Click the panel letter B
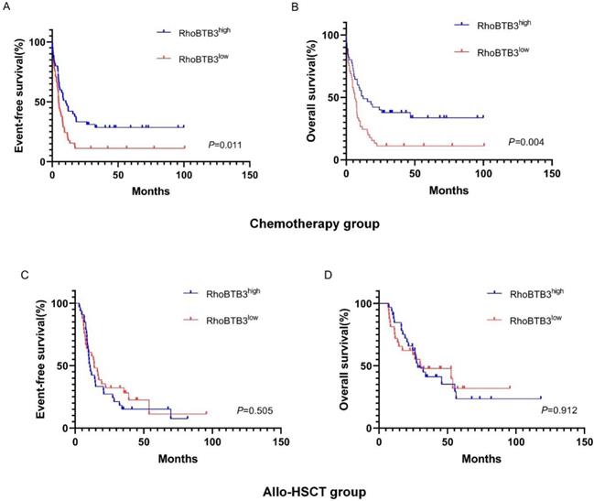pyautogui.click(x=319, y=7)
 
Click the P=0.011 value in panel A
pyautogui.click(x=226, y=145)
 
